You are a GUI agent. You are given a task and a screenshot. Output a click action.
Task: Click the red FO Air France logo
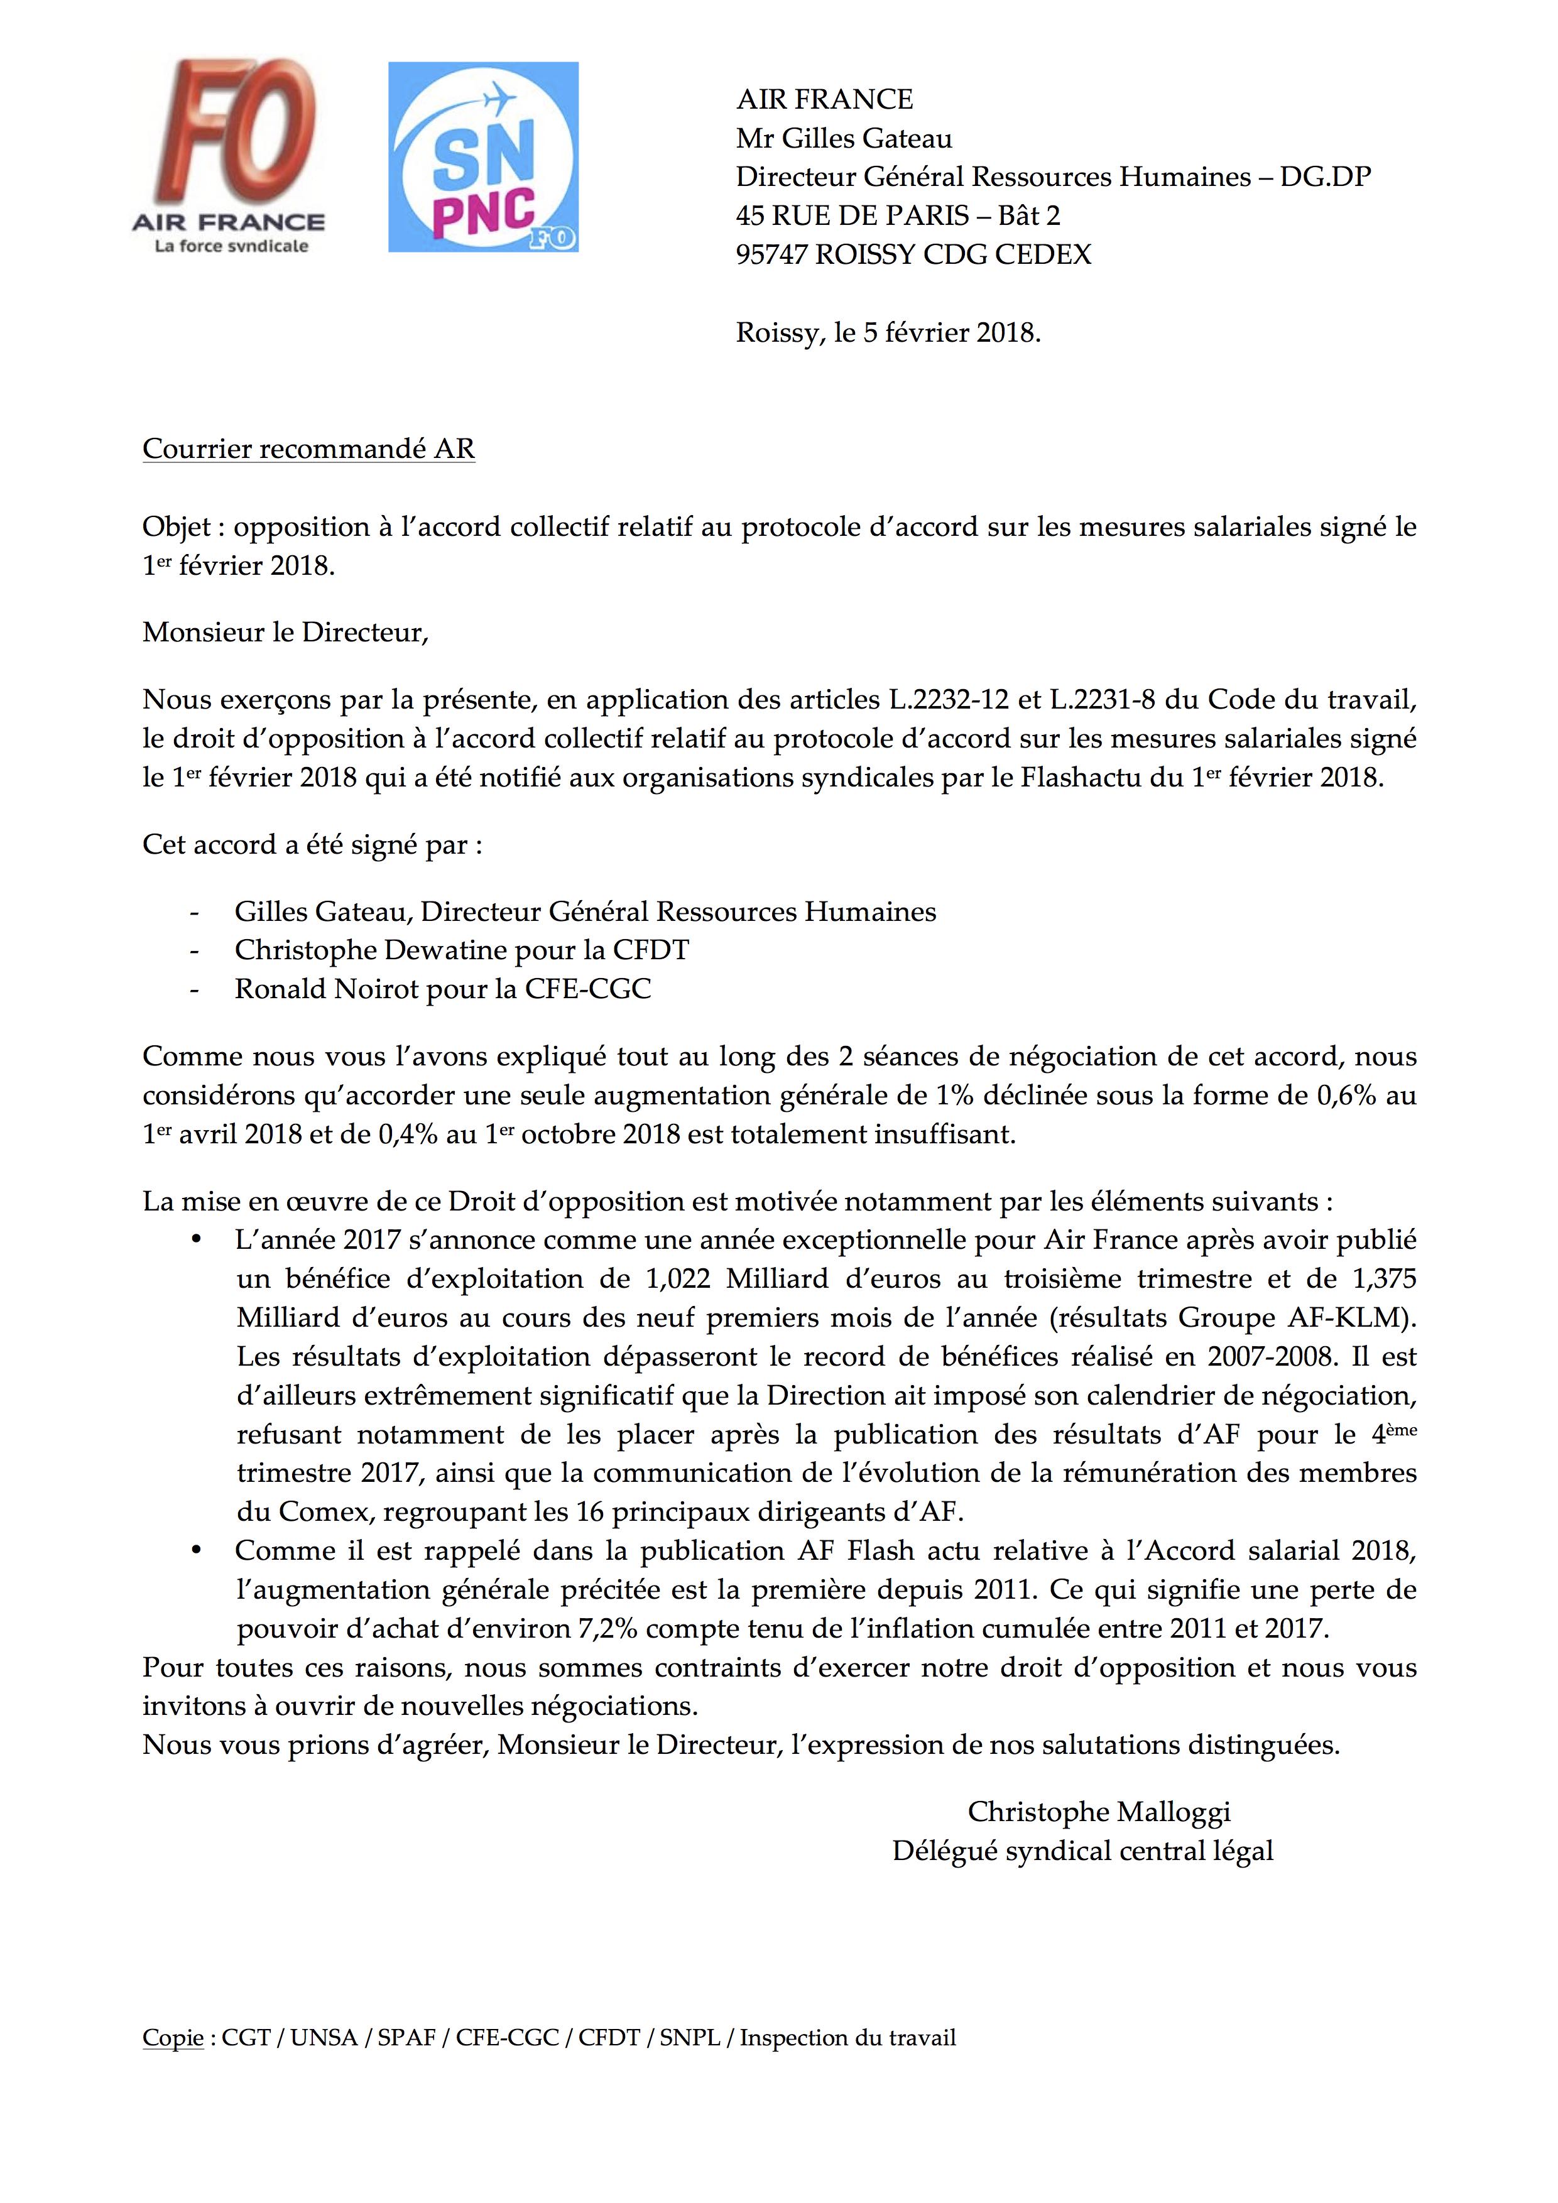tap(227, 158)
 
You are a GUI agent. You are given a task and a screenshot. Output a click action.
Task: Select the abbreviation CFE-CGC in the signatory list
tap(587, 989)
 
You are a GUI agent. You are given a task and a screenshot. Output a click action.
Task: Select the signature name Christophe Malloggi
tap(1099, 1812)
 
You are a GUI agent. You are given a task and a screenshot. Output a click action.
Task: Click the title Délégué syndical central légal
tap(1082, 1851)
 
